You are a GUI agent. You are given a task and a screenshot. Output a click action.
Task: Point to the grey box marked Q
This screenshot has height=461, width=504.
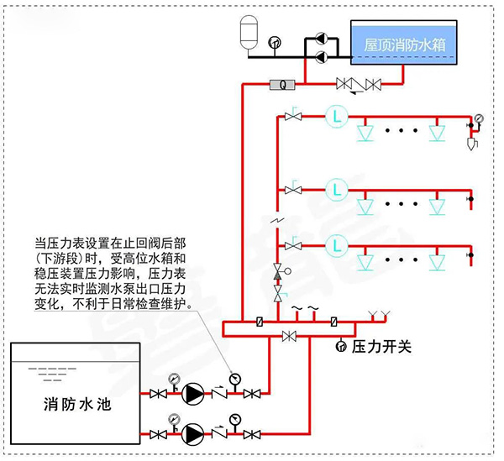click(282, 84)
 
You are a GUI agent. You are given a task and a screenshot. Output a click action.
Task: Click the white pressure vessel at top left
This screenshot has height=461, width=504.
click(247, 30)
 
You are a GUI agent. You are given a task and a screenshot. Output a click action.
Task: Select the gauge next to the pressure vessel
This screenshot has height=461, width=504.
click(273, 42)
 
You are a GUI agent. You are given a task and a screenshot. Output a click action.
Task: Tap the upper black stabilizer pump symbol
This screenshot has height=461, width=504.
click(319, 39)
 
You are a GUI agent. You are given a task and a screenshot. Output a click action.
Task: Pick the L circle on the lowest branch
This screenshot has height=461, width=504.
click(338, 245)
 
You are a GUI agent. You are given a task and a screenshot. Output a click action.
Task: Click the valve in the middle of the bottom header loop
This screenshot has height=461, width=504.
click(289, 336)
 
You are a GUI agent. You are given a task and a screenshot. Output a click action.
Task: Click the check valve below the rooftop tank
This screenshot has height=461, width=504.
click(358, 84)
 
